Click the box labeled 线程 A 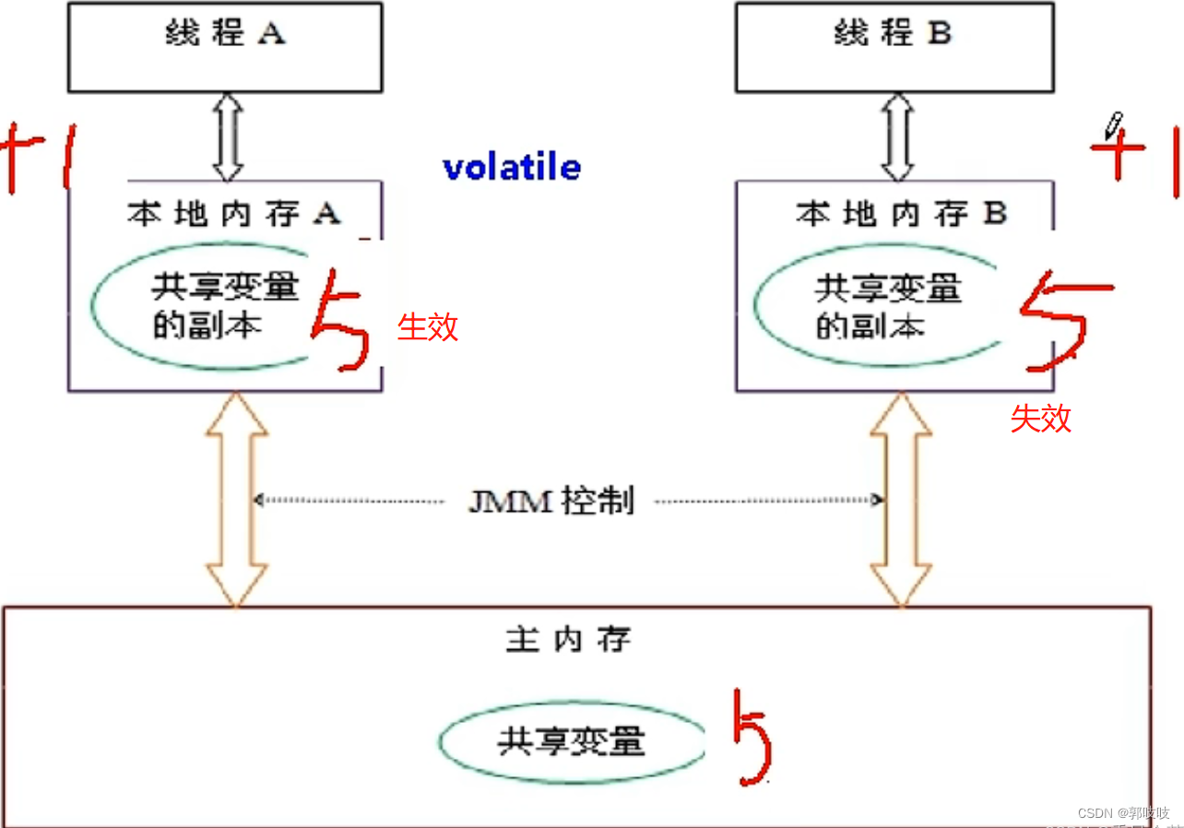pos(225,46)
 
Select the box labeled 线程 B pos(894,46)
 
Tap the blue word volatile pos(512,168)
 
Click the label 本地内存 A pos(233,214)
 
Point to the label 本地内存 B pos(901,214)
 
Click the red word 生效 pos(428,326)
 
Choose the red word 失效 pos(1041,419)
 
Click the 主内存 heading pos(568,639)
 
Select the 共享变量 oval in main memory pos(572,742)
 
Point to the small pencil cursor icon pos(1114,124)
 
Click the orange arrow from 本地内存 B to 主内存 pos(901,501)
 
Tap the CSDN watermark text pos(1122,813)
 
